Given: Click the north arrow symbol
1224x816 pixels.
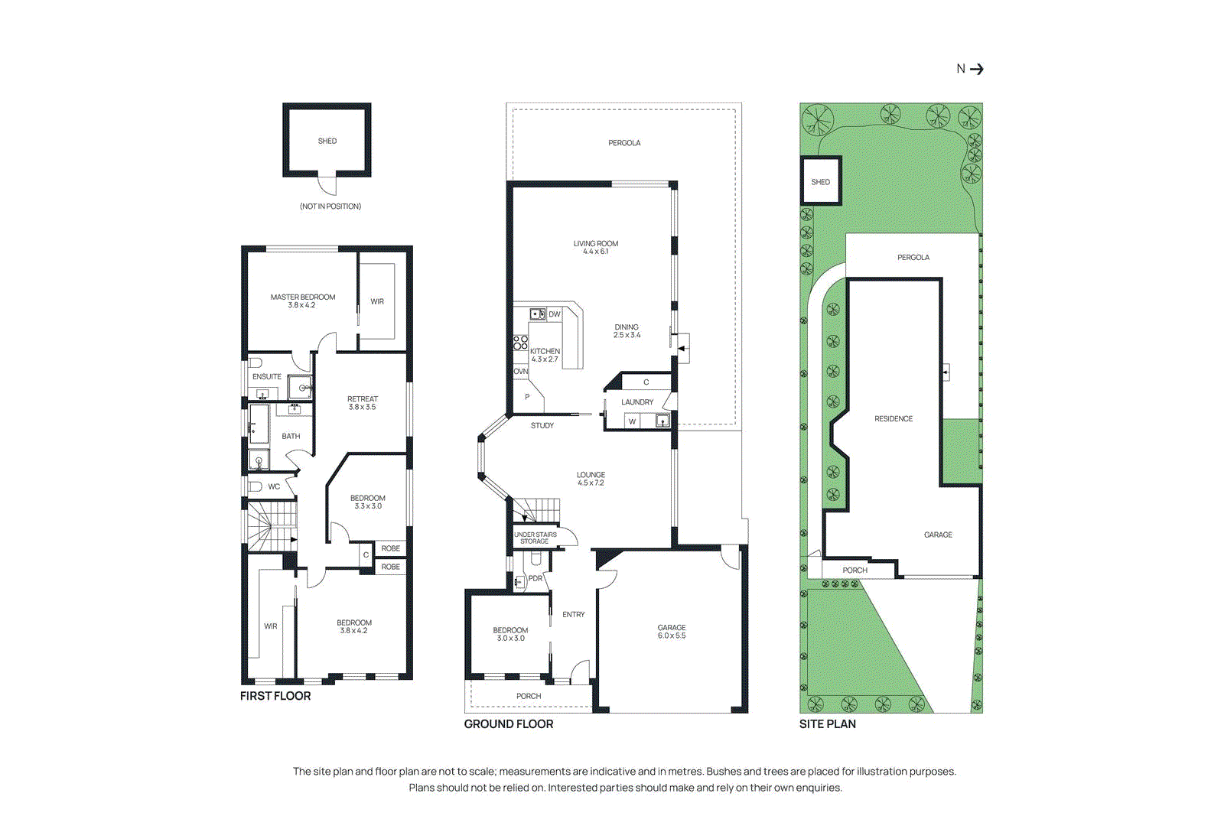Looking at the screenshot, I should click(x=976, y=69).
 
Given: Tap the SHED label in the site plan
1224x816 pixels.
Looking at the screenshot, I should click(x=820, y=182).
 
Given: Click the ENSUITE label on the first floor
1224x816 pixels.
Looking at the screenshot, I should click(x=267, y=376).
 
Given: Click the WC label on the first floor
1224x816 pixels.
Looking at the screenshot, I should click(x=274, y=486).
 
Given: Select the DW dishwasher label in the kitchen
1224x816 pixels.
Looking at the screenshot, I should click(x=555, y=314).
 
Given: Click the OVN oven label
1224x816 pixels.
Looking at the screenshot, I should click(x=520, y=372).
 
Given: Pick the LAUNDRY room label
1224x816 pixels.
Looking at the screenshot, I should click(x=637, y=402).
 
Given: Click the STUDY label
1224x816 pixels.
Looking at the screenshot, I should click(x=542, y=425).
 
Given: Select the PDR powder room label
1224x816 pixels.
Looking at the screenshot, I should click(x=535, y=578).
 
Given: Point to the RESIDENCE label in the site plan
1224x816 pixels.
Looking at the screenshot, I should click(x=894, y=419).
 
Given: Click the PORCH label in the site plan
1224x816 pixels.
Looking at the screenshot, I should click(x=855, y=571).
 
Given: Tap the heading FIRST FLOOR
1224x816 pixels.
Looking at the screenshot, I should click(x=275, y=696).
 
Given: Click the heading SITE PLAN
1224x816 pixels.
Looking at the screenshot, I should click(x=827, y=724).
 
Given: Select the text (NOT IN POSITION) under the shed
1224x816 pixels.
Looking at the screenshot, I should click(x=330, y=206).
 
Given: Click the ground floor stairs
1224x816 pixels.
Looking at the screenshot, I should click(x=540, y=509).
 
